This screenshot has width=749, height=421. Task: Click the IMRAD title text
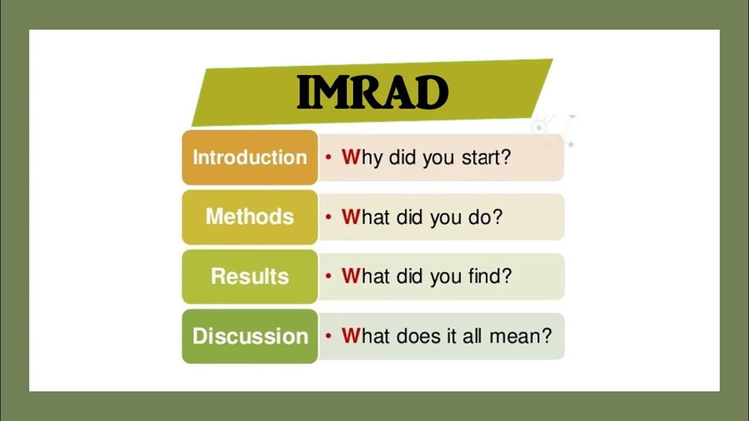(x=373, y=92)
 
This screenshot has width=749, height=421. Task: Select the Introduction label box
(x=250, y=157)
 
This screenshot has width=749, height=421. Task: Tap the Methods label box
(x=250, y=217)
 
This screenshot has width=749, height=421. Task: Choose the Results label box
(x=250, y=277)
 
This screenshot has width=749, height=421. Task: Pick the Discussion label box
(x=250, y=336)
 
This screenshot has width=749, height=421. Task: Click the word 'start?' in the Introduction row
(x=486, y=157)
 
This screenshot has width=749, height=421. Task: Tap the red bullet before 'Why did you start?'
(x=328, y=157)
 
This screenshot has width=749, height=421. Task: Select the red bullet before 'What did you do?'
(x=328, y=217)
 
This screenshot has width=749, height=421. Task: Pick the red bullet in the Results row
(x=328, y=277)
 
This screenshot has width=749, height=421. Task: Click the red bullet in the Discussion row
(x=328, y=336)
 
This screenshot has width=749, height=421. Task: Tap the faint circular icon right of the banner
(x=538, y=127)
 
